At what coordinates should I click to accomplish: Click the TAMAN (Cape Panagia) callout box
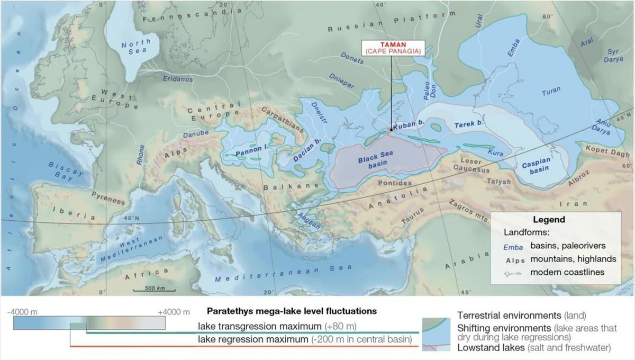click(392, 48)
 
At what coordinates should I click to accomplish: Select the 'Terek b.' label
click(469, 125)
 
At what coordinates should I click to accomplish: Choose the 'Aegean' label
click(310, 223)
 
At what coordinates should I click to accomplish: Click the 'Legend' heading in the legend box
click(549, 219)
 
